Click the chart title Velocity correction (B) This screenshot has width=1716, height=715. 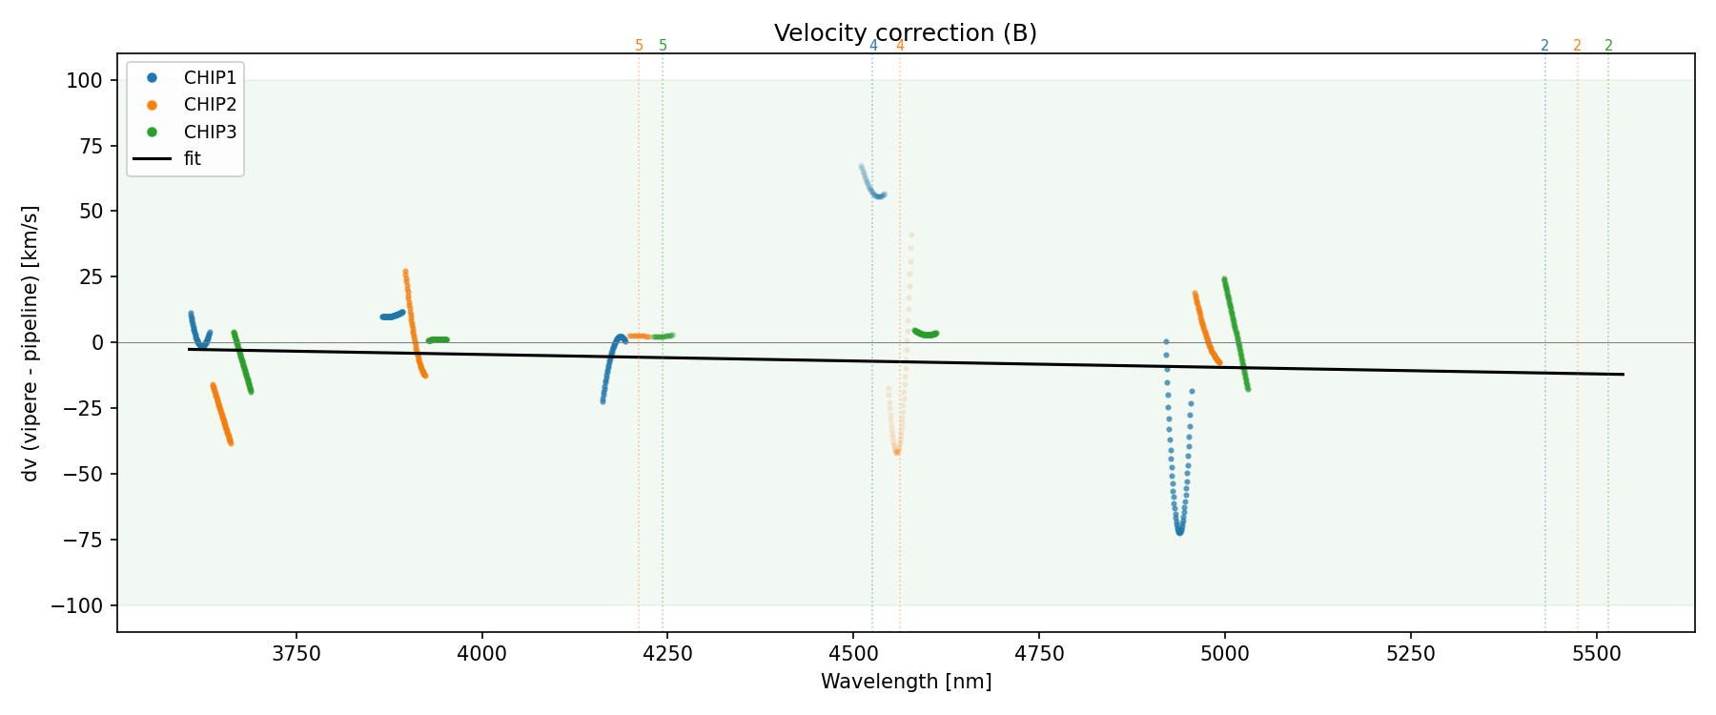pyautogui.click(x=905, y=33)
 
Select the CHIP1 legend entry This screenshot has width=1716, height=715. pyautogui.click(x=210, y=77)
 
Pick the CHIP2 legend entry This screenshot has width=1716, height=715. pyautogui.click(x=210, y=105)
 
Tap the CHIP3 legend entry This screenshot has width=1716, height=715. pyautogui.click(x=210, y=132)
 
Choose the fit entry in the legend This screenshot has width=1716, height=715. pyautogui.click(x=193, y=159)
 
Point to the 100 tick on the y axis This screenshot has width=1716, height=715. pyautogui.click(x=84, y=80)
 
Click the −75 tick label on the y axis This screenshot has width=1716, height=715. pyautogui.click(x=77, y=540)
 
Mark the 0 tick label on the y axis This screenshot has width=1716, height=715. pyautogui.click(x=96, y=342)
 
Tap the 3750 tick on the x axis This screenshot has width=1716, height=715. pyautogui.click(x=296, y=653)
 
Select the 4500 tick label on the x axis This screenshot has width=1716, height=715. pyautogui.click(x=853, y=653)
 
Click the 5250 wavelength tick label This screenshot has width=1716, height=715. pyautogui.click(x=1410, y=653)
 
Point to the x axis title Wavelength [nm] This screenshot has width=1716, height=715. pyautogui.click(x=906, y=682)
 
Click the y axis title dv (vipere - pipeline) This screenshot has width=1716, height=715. pyautogui.click(x=31, y=343)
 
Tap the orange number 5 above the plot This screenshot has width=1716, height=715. pyautogui.click(x=639, y=46)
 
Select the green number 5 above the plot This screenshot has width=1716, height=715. pyautogui.click(x=664, y=46)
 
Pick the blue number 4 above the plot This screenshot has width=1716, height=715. pyautogui.click(x=873, y=46)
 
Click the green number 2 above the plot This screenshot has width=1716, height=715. pyautogui.click(x=1609, y=46)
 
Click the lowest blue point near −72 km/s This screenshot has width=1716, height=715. pyautogui.click(x=1179, y=532)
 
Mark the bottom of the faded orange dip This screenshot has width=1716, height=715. pyautogui.click(x=897, y=451)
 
